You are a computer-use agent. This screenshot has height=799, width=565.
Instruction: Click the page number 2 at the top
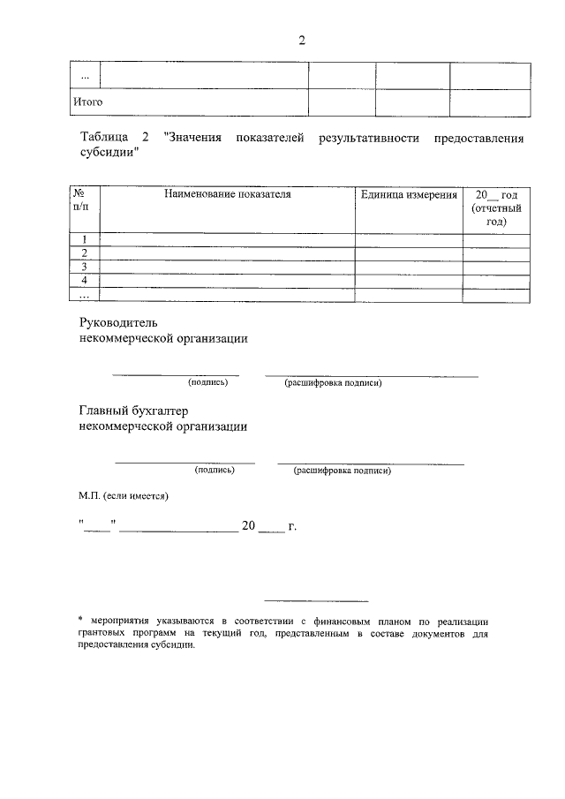[x=301, y=41]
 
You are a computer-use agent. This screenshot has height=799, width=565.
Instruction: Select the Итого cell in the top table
[x=87, y=102]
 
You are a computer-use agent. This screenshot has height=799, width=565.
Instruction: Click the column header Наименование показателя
[x=227, y=193]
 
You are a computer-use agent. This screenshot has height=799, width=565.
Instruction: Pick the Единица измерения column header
[x=409, y=193]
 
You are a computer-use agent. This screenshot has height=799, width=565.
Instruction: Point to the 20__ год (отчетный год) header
[x=496, y=207]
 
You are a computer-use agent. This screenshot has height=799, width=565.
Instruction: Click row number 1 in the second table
[x=85, y=239]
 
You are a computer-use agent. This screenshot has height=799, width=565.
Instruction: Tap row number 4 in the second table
[x=85, y=281]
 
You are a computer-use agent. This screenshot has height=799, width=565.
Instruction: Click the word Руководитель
[x=117, y=323]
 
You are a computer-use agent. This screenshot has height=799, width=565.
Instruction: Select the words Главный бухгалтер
[x=133, y=411]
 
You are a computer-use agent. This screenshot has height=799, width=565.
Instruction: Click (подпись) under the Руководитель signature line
[x=207, y=382]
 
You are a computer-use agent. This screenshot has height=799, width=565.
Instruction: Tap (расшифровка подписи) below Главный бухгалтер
[x=343, y=471]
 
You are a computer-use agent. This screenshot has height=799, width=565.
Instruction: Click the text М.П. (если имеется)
[x=123, y=496]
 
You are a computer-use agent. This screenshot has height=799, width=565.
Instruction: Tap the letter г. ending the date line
[x=292, y=527]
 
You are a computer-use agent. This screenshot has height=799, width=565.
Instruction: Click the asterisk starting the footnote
[x=81, y=621]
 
